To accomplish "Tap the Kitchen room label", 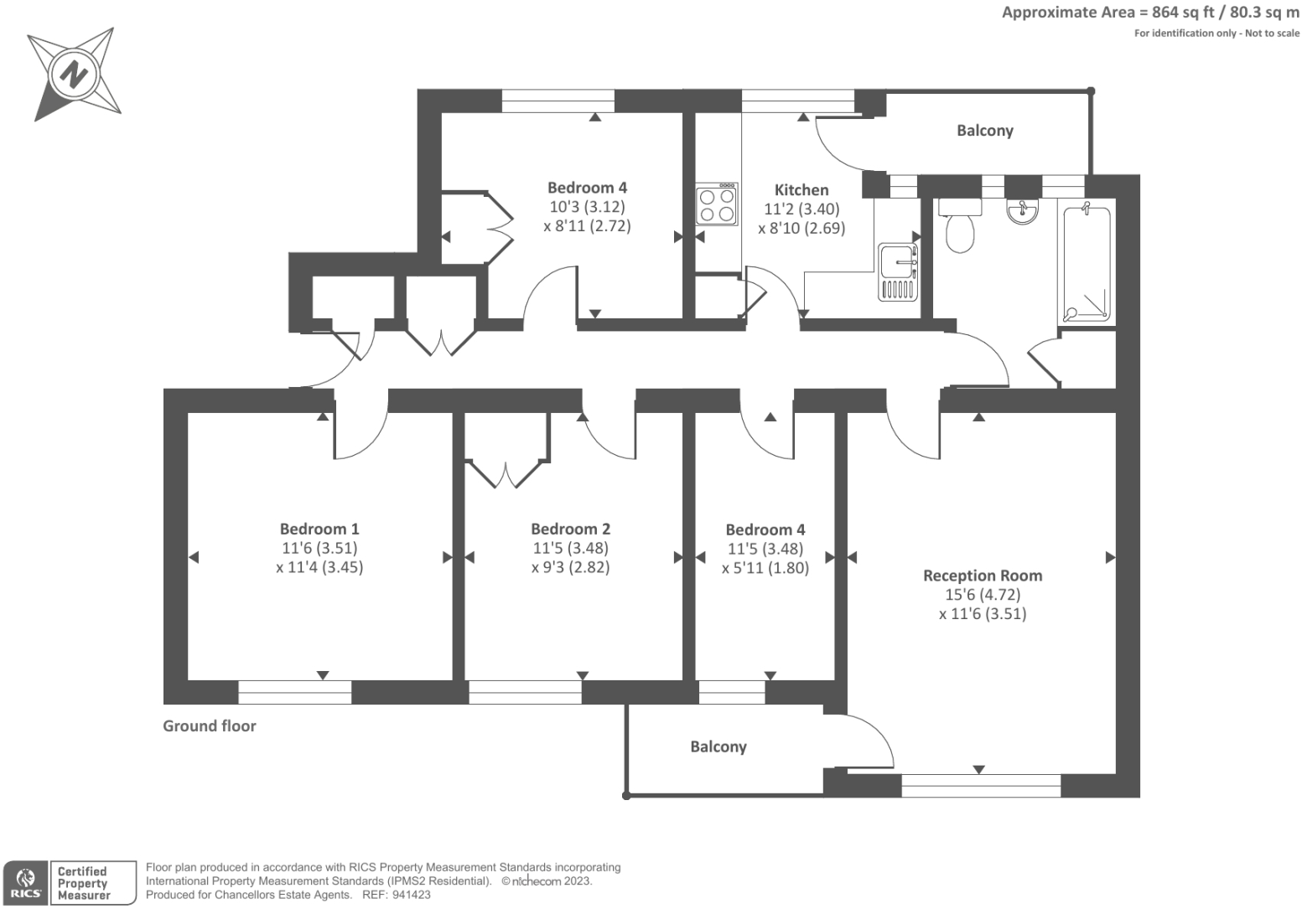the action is [801, 190].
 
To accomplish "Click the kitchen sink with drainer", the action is [898, 271].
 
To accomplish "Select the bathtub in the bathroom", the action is [1087, 263].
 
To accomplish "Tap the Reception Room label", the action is [983, 576].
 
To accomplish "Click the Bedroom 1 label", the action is [319, 529].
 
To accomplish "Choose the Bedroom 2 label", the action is [571, 529].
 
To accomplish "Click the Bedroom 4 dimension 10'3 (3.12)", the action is [587, 206].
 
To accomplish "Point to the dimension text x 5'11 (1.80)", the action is [765, 567].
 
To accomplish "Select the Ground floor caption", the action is [210, 726].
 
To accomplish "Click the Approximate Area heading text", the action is [1150, 12].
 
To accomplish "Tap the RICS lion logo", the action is [24, 883].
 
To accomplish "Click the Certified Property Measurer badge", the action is [84, 883].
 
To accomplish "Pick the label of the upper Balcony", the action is [985, 131].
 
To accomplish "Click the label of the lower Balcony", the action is [718, 746].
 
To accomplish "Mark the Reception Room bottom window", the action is [981, 786].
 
